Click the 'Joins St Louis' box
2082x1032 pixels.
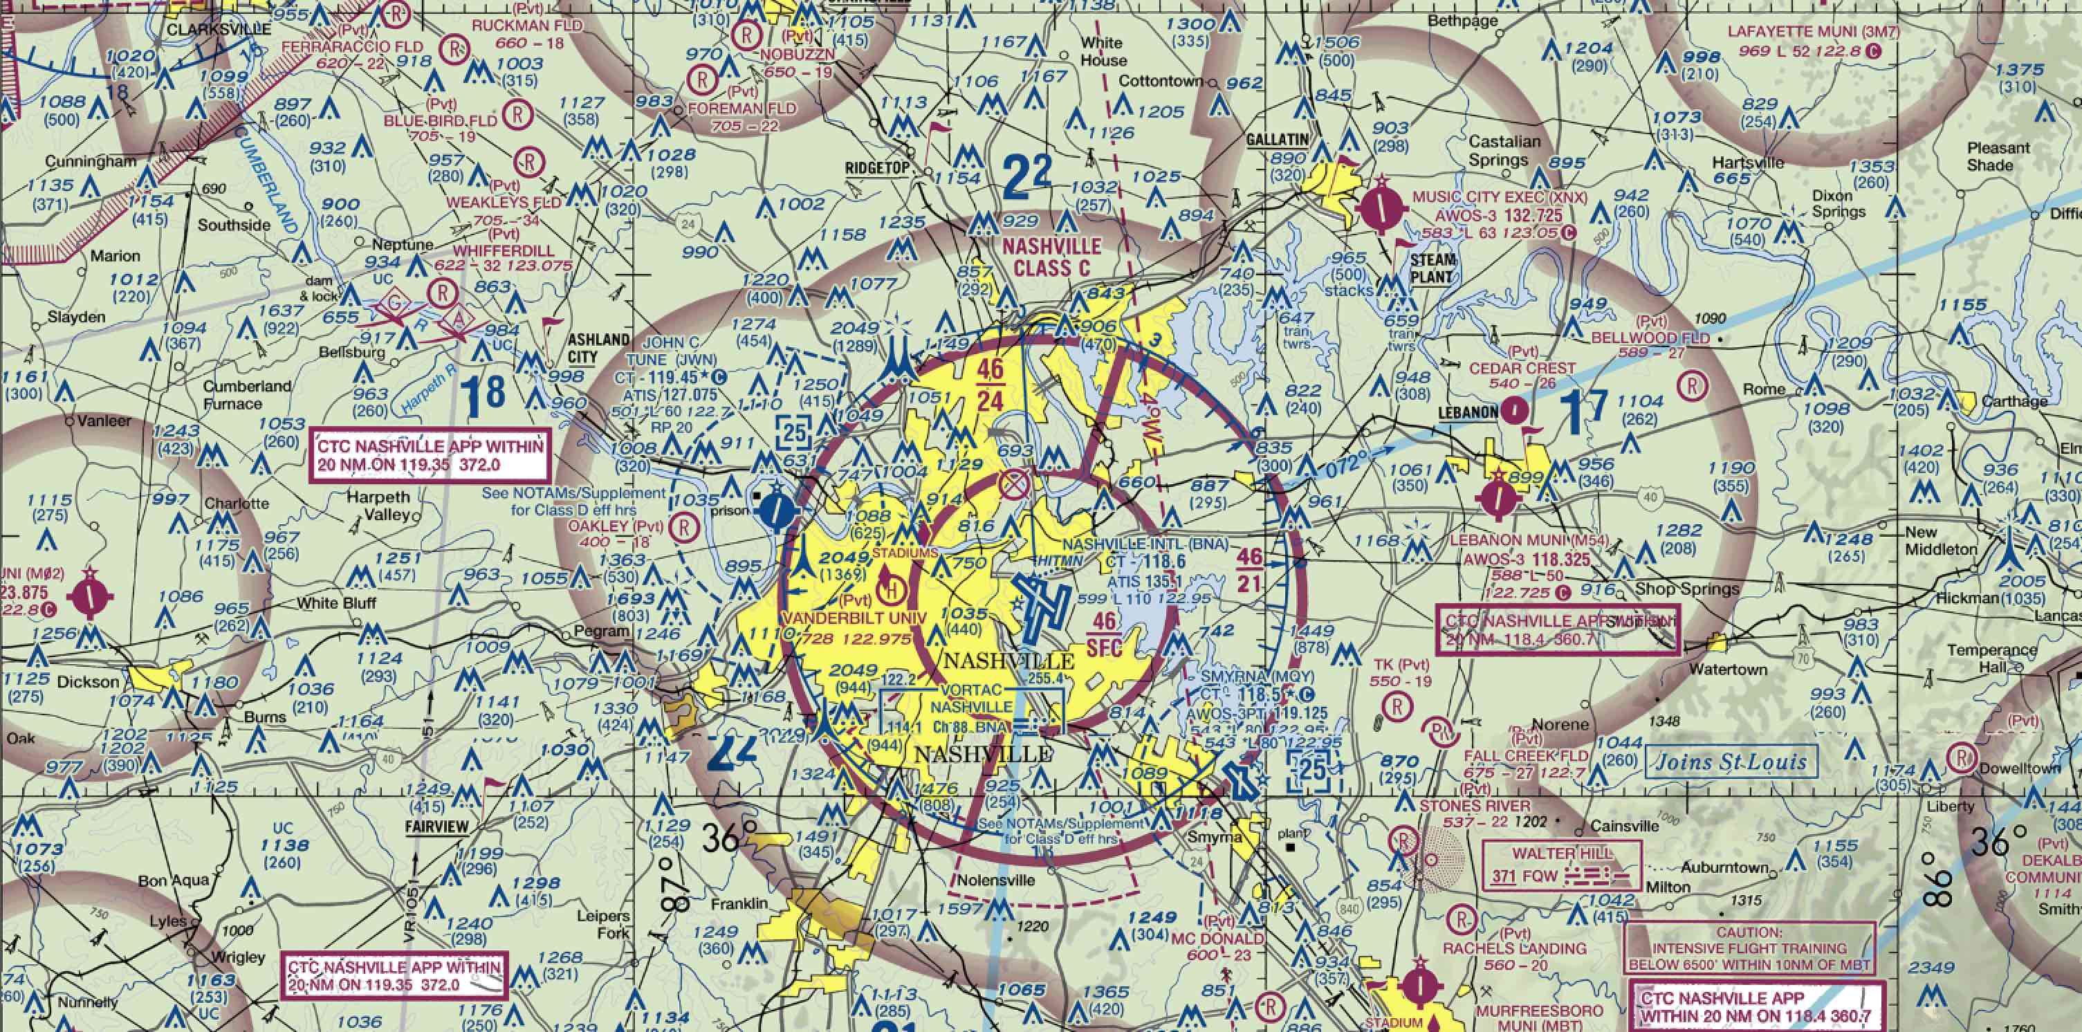[x=1727, y=762]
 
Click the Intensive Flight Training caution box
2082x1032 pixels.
[x=1747, y=947]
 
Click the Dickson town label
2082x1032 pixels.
[x=88, y=682]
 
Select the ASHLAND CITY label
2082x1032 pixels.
[x=599, y=347]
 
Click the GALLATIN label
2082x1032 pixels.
[x=1277, y=139]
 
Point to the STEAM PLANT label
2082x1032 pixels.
[x=1433, y=268]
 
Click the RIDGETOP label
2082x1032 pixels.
[x=877, y=168]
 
